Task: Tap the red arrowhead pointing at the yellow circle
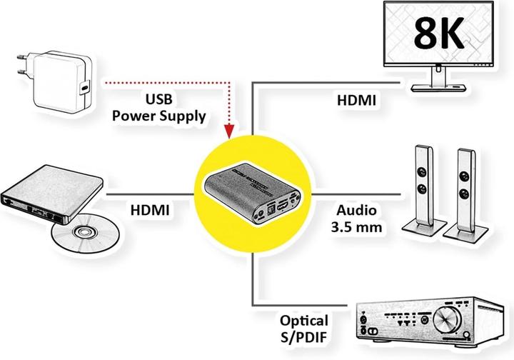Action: [x=230, y=131]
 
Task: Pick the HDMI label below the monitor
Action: [x=356, y=101]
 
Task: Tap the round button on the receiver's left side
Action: [x=371, y=331]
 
